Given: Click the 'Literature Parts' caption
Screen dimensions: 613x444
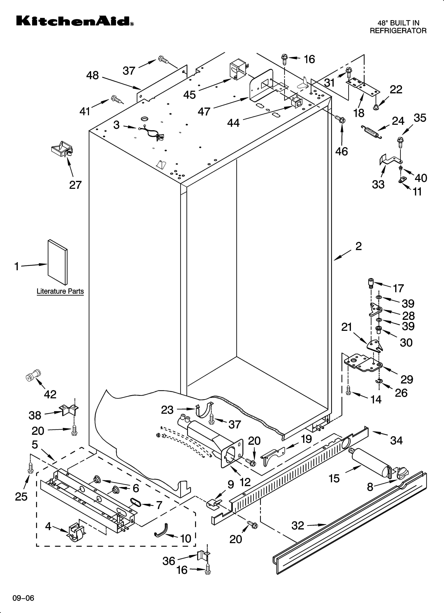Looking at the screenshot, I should [x=60, y=291].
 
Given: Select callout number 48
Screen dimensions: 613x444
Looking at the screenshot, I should [x=92, y=75].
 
